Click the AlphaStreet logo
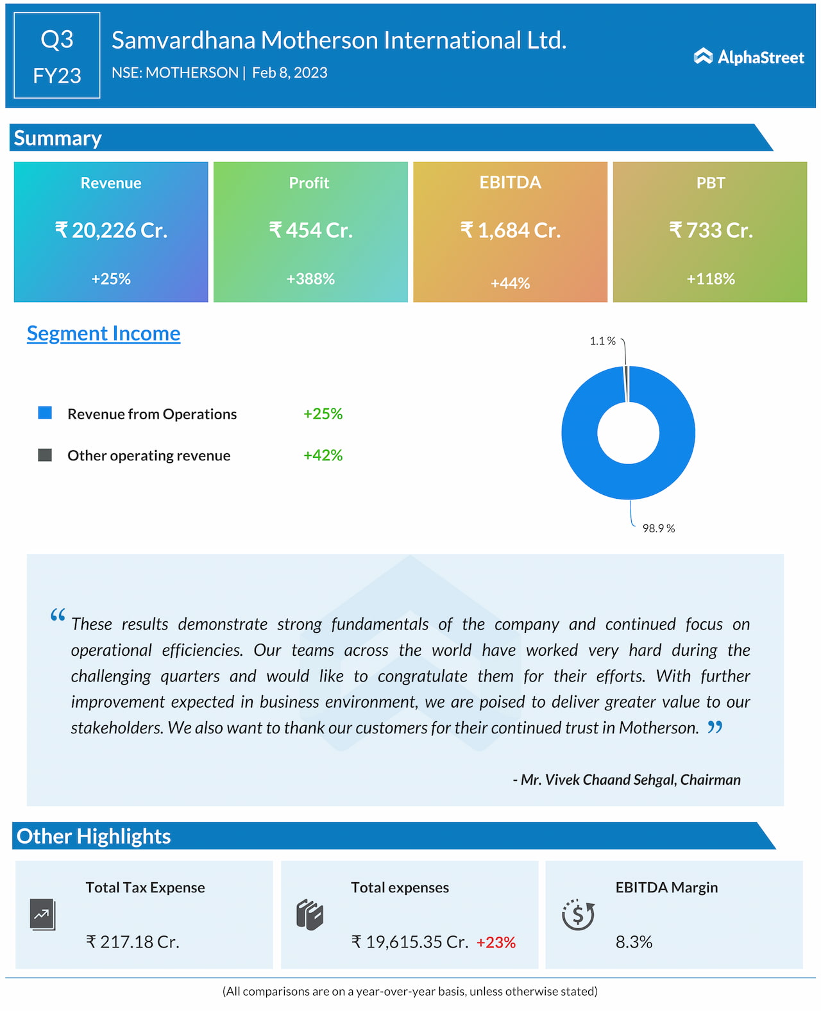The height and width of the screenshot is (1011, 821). click(x=749, y=57)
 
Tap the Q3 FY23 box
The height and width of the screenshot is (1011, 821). click(x=57, y=56)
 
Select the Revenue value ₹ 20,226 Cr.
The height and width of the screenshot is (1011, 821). click(x=111, y=230)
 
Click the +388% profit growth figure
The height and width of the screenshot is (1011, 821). click(x=310, y=279)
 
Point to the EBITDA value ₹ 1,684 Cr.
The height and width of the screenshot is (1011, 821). click(x=510, y=230)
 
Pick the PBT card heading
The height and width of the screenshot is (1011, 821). click(x=711, y=183)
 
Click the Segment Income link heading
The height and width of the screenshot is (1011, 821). click(x=103, y=333)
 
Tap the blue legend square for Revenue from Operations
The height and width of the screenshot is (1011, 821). click(x=45, y=413)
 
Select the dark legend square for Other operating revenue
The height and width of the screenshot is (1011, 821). click(x=45, y=455)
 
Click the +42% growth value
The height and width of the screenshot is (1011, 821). click(x=323, y=455)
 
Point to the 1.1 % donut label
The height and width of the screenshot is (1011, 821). click(x=602, y=341)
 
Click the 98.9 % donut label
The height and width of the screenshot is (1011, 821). click(x=659, y=528)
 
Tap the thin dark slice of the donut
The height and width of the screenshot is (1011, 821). click(x=626, y=383)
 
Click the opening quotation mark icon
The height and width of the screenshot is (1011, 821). click(x=58, y=615)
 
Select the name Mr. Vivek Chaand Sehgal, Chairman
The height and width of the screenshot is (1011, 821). click(x=627, y=780)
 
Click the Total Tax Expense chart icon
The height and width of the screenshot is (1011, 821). click(x=42, y=915)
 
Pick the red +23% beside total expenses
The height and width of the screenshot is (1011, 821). click(x=496, y=942)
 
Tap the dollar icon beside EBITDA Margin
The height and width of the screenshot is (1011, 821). click(x=578, y=915)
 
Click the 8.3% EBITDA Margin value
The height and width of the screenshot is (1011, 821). click(x=634, y=942)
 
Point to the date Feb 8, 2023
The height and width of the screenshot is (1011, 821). click(x=290, y=73)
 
